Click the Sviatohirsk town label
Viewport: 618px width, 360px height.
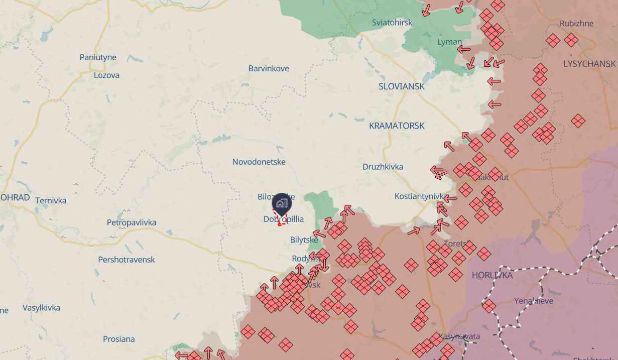coord(392,23)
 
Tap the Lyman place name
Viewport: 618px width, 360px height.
coord(449,42)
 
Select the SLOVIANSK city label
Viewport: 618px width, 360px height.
coord(402,86)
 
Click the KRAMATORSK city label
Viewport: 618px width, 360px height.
coord(397,126)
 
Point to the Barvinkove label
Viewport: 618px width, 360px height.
coord(269,68)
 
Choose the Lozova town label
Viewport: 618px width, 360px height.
coord(107,75)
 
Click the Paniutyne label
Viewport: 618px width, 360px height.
coord(98,57)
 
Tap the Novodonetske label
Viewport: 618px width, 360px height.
coord(259,162)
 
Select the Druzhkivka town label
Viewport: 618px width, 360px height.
coord(383,167)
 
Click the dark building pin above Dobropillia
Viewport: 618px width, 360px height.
coord(282,204)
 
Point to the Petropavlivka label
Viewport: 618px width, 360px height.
coord(132,222)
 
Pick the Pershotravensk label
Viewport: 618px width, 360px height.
coord(127,260)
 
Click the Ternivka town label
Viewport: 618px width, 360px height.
coord(51,200)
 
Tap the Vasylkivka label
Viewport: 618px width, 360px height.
coord(41,308)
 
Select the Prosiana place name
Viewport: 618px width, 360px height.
coord(119,339)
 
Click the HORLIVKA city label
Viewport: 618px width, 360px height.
coord(492,275)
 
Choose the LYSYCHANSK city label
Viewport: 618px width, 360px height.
coord(589,64)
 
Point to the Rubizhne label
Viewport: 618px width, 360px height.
coord(576,23)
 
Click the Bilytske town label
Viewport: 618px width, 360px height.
coord(304,240)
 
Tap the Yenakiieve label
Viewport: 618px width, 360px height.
coord(534,301)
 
